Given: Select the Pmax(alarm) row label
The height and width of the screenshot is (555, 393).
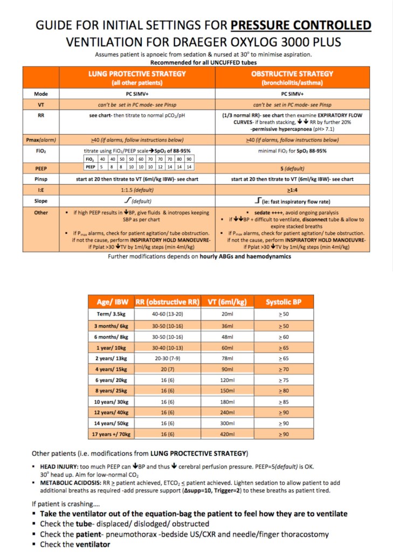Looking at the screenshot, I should (x=41, y=140).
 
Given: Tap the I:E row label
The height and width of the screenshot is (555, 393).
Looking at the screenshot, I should (x=41, y=190).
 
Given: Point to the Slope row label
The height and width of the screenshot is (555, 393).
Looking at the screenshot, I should (x=41, y=201).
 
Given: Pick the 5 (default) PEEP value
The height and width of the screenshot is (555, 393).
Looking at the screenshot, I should (x=292, y=168).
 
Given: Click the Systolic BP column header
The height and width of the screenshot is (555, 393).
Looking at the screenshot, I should (x=284, y=302).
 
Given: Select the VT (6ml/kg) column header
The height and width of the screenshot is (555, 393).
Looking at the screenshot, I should (x=227, y=302).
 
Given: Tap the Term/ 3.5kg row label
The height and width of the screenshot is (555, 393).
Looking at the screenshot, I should (x=111, y=314).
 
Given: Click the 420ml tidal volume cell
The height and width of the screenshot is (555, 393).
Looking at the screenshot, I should (x=227, y=434).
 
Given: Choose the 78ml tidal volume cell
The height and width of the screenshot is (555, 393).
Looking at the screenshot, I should (x=227, y=358).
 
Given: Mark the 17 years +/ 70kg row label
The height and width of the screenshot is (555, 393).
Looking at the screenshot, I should (x=111, y=434).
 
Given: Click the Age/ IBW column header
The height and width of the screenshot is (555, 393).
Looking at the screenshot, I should (x=111, y=302).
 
